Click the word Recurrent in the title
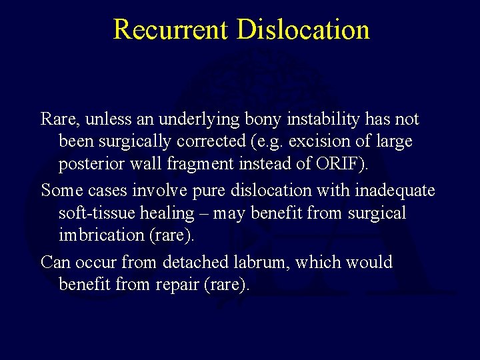tap(170, 30)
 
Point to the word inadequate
tap(395, 191)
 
